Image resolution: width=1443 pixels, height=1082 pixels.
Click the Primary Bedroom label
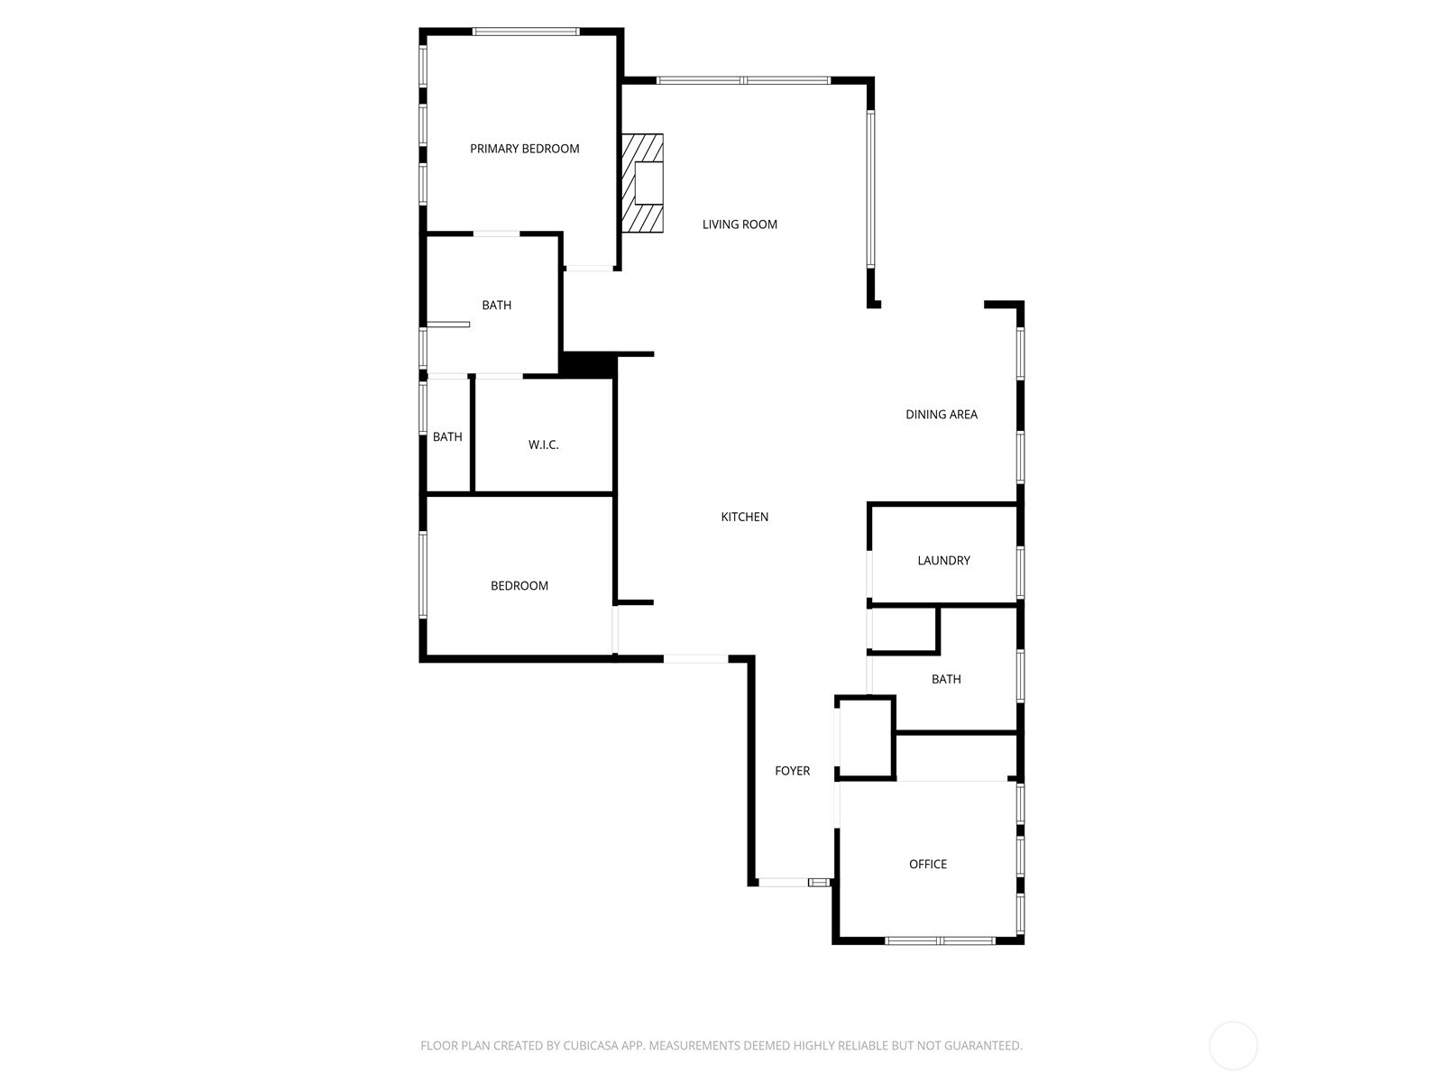[x=524, y=149]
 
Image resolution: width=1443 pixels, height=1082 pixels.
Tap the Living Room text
[x=740, y=225]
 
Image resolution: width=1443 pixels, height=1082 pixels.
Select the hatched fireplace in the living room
[x=642, y=183]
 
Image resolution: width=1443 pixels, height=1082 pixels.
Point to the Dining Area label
[x=941, y=415]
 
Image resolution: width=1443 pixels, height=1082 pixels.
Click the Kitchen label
[x=744, y=517]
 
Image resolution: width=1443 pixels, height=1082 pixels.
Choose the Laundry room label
[x=943, y=561]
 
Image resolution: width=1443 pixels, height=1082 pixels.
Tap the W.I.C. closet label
[x=543, y=445]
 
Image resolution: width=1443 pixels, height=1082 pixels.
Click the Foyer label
[x=792, y=771]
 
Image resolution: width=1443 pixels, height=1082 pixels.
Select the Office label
[x=927, y=864]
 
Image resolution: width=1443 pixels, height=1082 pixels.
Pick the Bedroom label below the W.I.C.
[x=519, y=586]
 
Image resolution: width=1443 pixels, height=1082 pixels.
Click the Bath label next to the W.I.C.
[x=447, y=437]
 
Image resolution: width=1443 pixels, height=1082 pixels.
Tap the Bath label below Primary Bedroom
[x=496, y=306]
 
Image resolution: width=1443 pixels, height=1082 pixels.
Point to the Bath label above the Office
[x=945, y=679]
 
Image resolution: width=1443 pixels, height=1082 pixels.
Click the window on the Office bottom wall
[x=940, y=940]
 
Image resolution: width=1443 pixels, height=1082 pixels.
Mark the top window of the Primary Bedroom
[x=526, y=32]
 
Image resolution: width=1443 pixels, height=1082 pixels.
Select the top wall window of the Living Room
[x=743, y=81]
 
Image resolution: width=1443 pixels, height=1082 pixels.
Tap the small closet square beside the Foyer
[x=865, y=737]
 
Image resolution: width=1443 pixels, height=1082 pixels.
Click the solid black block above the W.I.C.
[x=587, y=364]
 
